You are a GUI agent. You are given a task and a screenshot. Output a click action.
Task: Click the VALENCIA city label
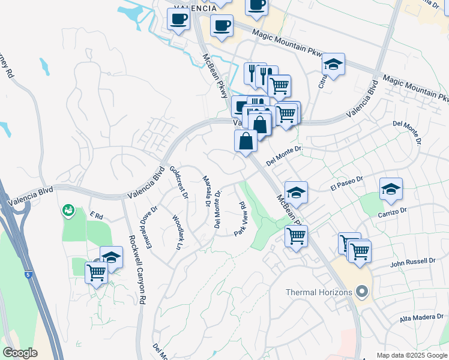(194, 8)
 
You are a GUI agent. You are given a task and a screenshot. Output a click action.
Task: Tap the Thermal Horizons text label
(318, 292)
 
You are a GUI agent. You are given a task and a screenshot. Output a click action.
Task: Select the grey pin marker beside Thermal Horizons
(361, 292)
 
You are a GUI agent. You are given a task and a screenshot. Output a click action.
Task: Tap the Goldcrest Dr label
(179, 182)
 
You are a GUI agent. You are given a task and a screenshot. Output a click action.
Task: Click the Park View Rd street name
(241, 218)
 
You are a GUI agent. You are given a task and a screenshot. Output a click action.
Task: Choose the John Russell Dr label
(412, 262)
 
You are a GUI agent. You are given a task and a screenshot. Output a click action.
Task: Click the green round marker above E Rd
(68, 211)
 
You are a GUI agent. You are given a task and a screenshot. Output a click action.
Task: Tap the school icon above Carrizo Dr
(391, 190)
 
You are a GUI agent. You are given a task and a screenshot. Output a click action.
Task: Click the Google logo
(20, 353)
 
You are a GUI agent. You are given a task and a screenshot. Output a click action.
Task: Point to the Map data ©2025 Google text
(411, 355)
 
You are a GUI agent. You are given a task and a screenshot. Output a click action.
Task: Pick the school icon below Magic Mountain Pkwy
(333, 64)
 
